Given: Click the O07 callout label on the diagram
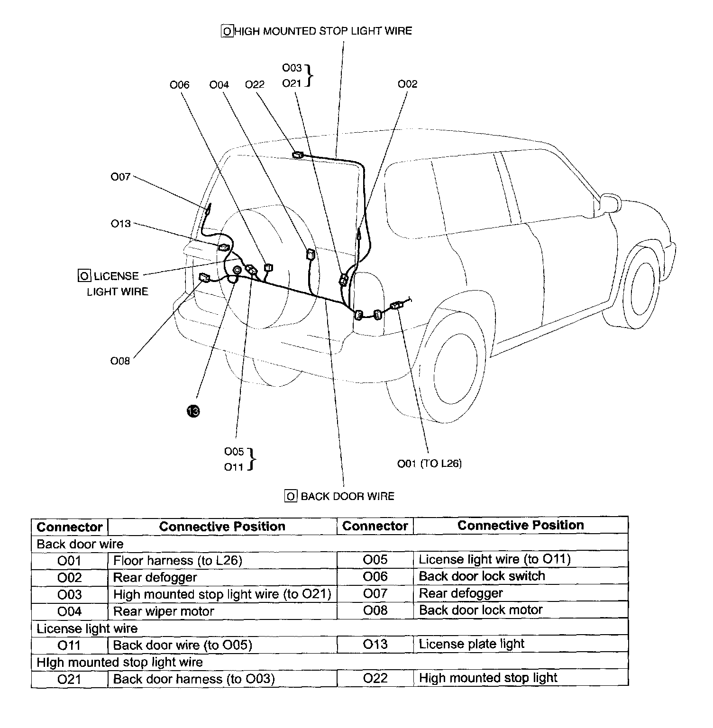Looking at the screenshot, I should (120, 177).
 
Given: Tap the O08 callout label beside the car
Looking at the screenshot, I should (120, 361).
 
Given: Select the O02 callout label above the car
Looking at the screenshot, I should (407, 84).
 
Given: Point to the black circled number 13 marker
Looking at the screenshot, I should (193, 411).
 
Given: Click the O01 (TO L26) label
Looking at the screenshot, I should (429, 464).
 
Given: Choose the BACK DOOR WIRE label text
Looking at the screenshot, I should (347, 496).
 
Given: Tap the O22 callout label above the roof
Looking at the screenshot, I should (255, 84).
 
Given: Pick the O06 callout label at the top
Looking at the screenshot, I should (179, 85).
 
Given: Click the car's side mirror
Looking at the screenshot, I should (609, 204).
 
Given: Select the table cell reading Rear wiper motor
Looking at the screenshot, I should (164, 611).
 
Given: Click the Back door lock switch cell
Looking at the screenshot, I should (482, 576).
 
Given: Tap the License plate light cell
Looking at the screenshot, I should (472, 644).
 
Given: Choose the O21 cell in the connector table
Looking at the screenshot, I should (69, 679).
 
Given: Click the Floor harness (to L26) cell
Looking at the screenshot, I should (178, 561).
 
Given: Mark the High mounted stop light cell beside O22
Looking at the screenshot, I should (488, 678).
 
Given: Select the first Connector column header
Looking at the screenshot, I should (70, 527).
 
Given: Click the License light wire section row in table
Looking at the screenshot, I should (87, 629).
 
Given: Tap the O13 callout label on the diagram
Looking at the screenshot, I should (120, 224).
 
